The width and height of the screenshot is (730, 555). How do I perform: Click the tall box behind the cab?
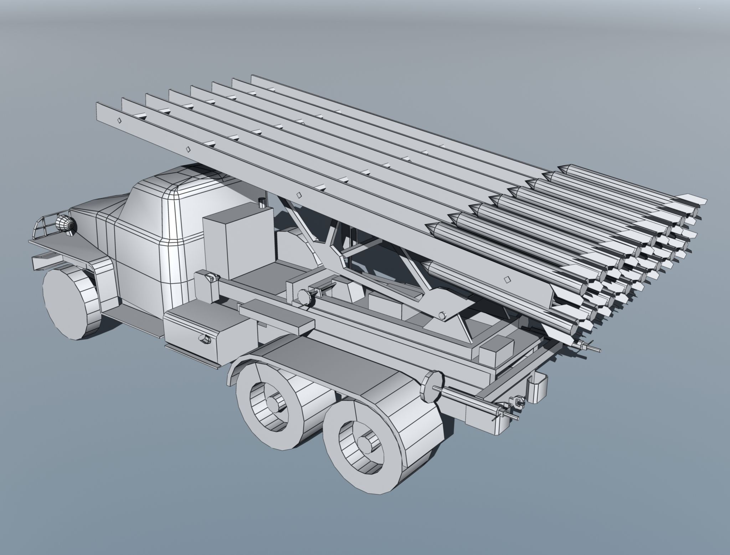click(x=237, y=241)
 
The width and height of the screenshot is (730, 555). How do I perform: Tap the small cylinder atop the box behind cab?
click(x=262, y=202)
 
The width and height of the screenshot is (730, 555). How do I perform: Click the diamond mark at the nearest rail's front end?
click(x=119, y=120)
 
